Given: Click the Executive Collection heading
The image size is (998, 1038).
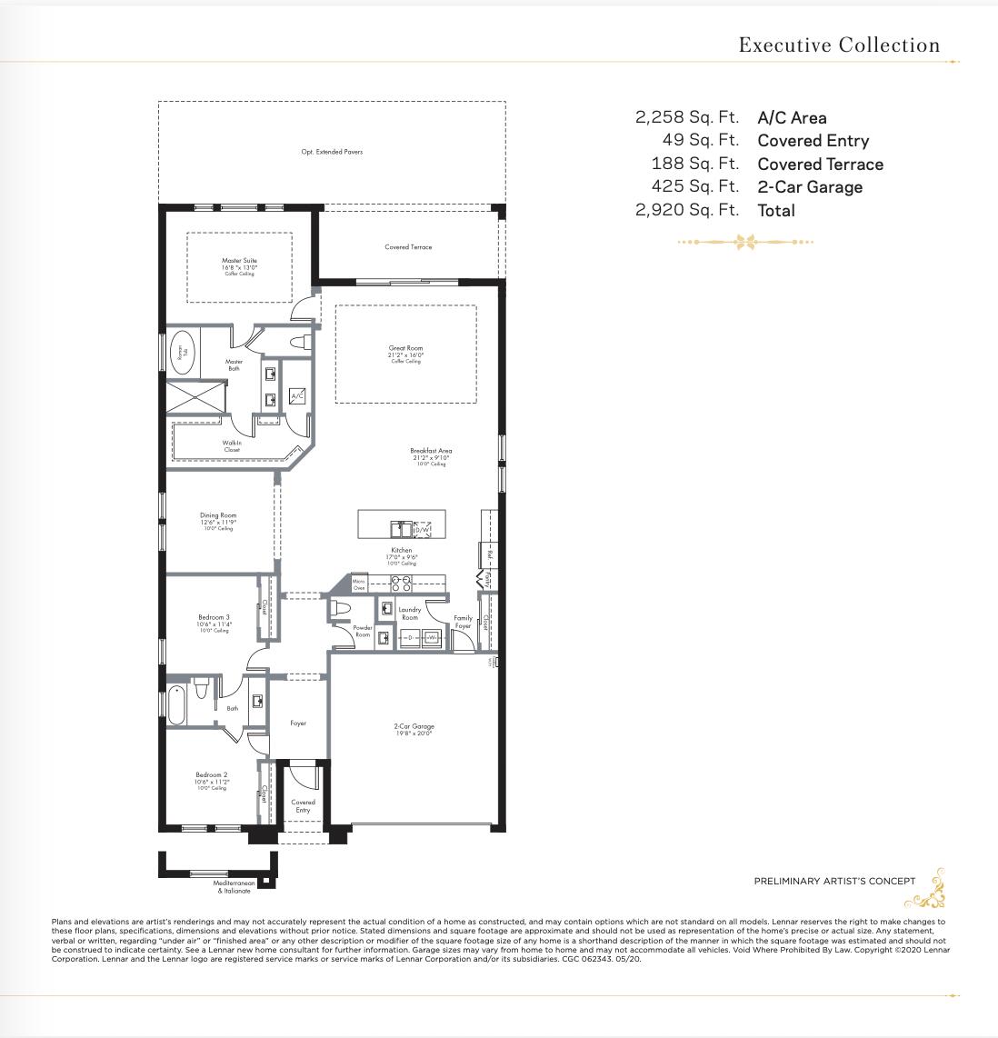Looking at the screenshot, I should pos(839,45).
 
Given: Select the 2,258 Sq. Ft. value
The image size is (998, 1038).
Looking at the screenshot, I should pos(686,117).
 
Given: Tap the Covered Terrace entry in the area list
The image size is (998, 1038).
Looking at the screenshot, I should pos(820,165).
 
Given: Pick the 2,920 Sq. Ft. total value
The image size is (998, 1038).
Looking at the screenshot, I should pos(686,210).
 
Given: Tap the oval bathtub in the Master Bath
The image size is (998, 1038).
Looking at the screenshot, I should pos(182,354).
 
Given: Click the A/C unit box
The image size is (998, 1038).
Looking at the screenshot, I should pos(297,395).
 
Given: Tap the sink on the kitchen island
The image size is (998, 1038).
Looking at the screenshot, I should pos(401,528).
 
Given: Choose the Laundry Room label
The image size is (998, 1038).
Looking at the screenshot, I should pos(410,614).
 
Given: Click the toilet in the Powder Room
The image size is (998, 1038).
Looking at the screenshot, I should pos(341,607).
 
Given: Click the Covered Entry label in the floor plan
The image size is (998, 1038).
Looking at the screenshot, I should pos(303,805).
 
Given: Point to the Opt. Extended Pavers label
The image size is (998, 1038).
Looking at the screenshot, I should pos(332,152).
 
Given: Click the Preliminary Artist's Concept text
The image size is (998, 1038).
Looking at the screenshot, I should pos(834,881).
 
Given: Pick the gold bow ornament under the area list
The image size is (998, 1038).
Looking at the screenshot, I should pos(746,242).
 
